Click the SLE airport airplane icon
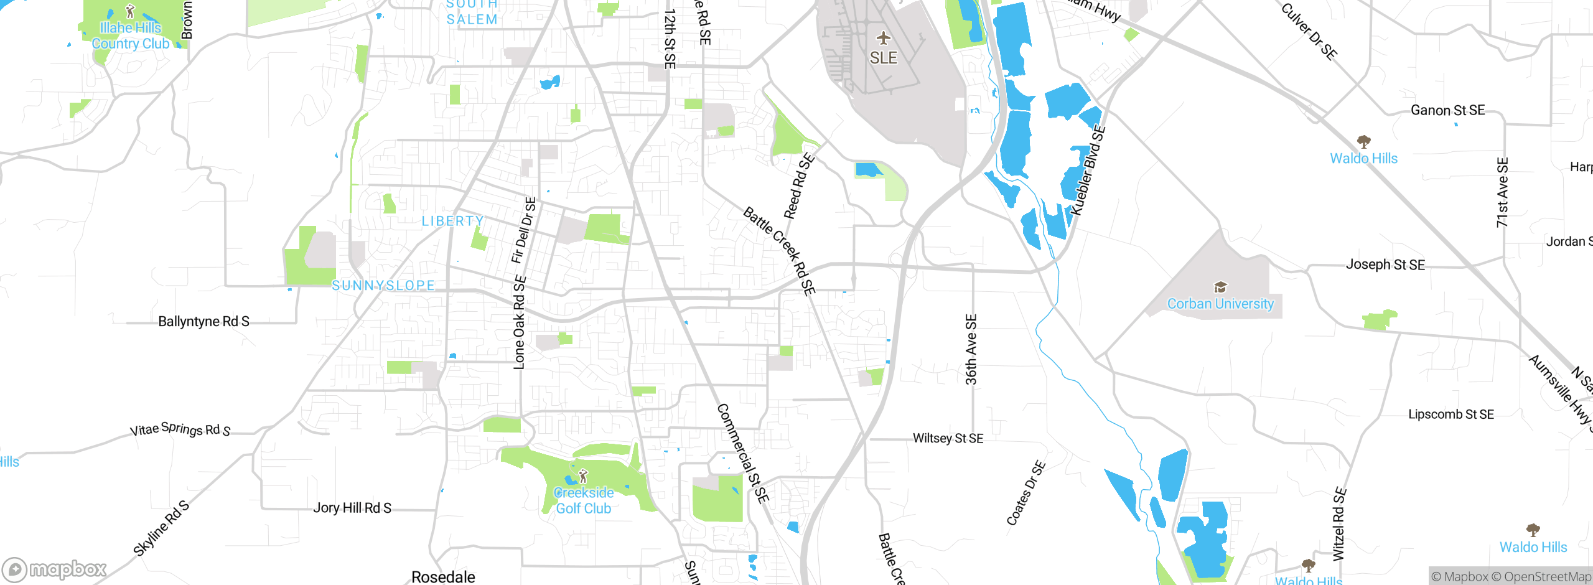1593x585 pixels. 884,39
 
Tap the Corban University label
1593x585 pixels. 1220,304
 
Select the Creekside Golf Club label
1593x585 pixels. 584,500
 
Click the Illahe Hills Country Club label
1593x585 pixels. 131,35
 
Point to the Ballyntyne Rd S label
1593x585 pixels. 203,322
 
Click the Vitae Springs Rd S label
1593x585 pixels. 180,429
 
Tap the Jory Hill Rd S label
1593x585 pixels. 352,508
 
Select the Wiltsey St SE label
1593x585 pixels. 948,438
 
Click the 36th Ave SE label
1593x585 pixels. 971,350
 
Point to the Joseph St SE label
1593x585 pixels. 1385,264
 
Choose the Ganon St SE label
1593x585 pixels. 1447,110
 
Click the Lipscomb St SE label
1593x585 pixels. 1451,414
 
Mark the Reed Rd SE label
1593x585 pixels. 799,186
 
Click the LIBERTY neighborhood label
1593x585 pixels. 452,221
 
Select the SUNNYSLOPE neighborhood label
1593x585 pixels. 383,286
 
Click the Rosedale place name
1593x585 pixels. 443,577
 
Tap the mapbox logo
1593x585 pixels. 54,569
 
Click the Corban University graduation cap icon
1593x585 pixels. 1220,287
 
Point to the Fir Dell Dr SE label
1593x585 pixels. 523,230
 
